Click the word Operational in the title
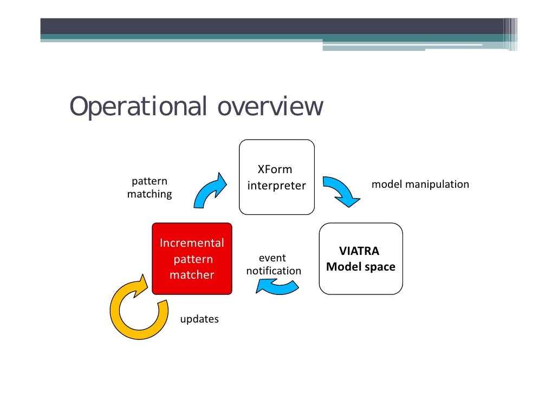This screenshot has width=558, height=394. coord(138,107)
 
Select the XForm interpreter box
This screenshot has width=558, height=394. coord(277,177)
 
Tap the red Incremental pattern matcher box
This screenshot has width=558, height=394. coord(192,259)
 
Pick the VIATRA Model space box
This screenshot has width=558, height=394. coord(361,259)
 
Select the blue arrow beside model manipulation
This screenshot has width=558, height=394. coord(341,191)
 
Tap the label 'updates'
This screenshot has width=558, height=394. coord(199,319)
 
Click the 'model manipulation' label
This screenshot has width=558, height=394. coord(420,185)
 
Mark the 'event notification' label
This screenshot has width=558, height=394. coord(274,265)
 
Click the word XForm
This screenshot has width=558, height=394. coord(275,170)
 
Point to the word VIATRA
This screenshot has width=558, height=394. coord(359,252)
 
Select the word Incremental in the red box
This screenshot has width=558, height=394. coord(192,243)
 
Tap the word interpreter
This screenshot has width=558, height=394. coord(277,186)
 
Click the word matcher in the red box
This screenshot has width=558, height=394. coord(192,275)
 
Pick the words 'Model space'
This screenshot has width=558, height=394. coord(361,267)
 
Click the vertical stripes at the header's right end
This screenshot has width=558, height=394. coord(510,34)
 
